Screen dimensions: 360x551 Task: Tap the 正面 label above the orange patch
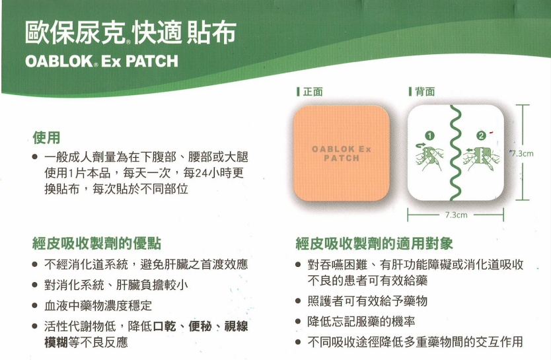click(312, 92)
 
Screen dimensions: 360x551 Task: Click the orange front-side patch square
click(341, 153)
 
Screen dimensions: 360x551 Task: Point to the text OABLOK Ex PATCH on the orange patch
click(341, 153)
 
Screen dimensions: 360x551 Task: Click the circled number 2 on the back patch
click(481, 136)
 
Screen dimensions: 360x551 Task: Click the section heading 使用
click(47, 137)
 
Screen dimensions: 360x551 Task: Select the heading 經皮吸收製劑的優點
click(97, 243)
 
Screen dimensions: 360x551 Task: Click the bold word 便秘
click(201, 326)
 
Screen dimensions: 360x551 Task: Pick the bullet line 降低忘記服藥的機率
click(361, 322)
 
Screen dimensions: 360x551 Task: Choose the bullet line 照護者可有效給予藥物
click(368, 301)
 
